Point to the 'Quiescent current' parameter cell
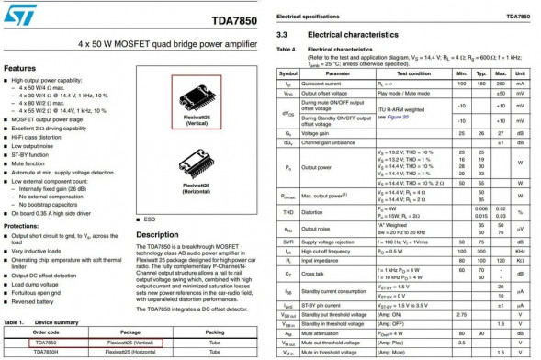[327, 83]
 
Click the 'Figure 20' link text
[398, 117]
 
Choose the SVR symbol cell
[287, 241]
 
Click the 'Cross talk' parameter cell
[317, 273]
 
